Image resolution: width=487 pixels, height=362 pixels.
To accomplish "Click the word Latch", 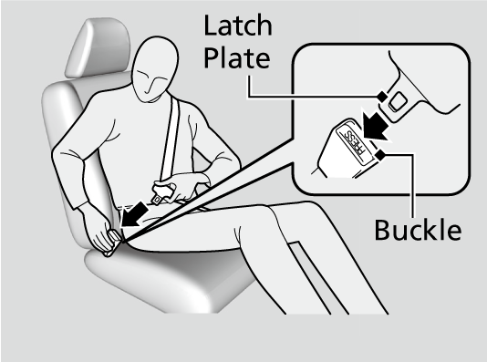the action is (x=238, y=25).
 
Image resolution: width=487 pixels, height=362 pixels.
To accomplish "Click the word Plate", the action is (x=237, y=57).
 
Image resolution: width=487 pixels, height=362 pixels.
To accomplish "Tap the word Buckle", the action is (x=418, y=230).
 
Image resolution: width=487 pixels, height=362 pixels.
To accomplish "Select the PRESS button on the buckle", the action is (x=355, y=142).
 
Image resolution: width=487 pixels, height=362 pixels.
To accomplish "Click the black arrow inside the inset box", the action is (x=375, y=126).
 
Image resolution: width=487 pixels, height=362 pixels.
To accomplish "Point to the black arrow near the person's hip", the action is (x=134, y=214).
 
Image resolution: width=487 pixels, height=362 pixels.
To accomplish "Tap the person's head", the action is (x=154, y=69).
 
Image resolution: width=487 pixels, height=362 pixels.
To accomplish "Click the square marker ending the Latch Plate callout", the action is (x=382, y=97).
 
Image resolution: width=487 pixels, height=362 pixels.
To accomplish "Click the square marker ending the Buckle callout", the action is (x=380, y=155).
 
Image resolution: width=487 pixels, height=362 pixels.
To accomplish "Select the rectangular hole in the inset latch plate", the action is (x=398, y=101).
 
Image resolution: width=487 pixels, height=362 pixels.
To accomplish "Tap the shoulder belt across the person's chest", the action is (x=171, y=139).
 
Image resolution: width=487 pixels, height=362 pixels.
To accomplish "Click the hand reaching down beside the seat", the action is (x=101, y=232).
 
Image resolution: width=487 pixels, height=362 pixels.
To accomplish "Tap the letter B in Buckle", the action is (x=382, y=230).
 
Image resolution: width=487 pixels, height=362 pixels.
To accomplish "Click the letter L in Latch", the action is (x=210, y=26).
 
